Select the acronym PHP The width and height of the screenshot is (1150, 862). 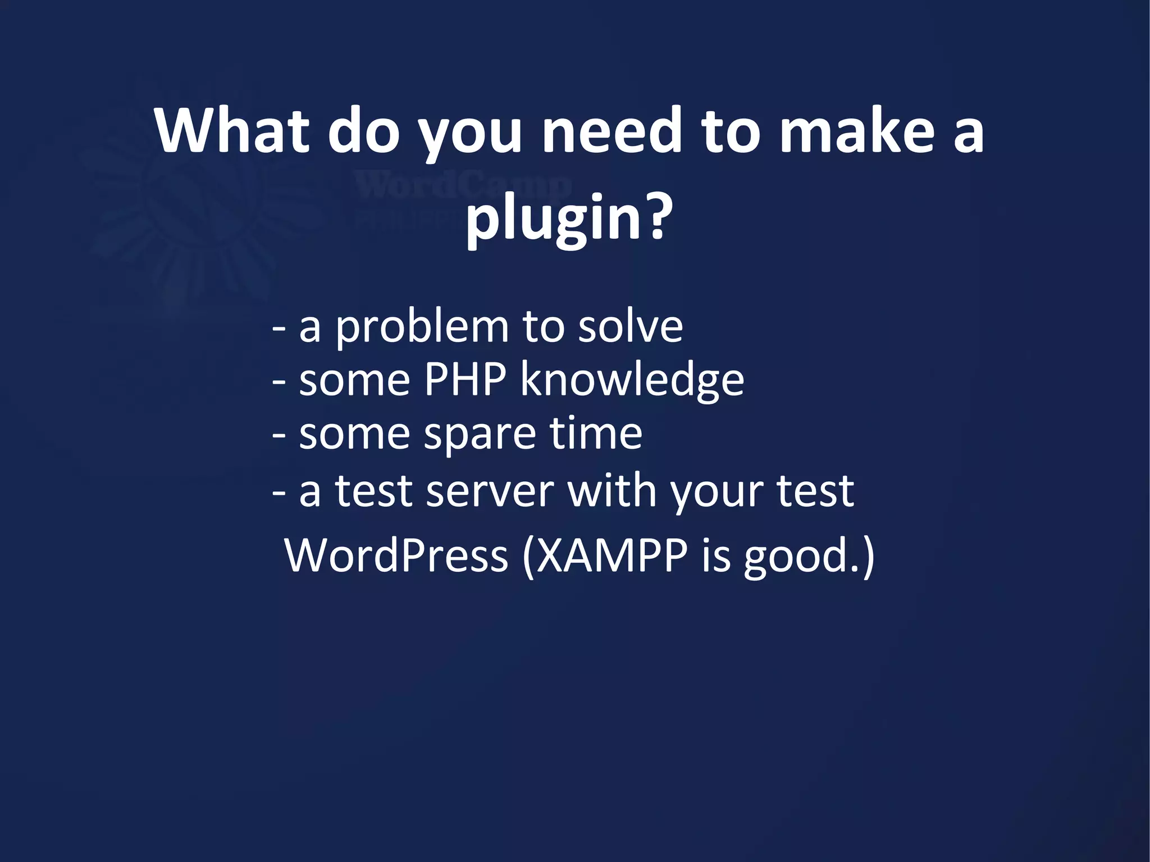(x=465, y=380)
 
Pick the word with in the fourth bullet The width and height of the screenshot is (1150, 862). (x=611, y=490)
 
